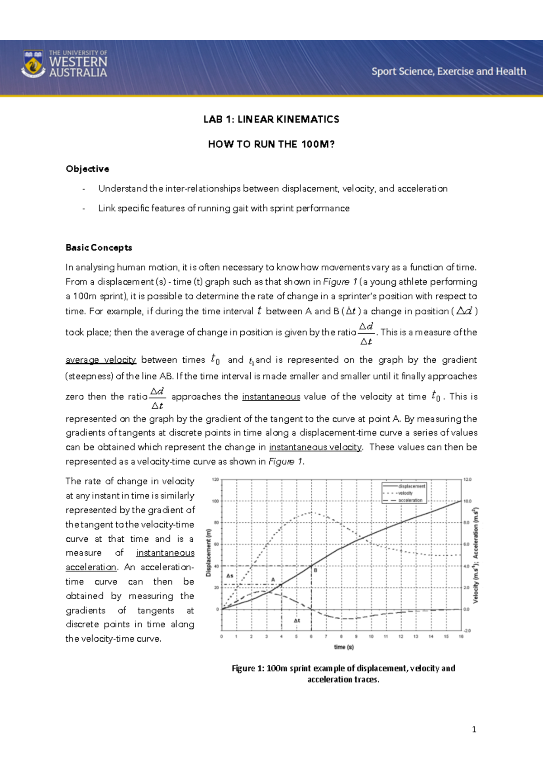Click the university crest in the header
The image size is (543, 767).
click(x=33, y=64)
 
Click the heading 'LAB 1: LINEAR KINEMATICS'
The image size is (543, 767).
click(x=271, y=119)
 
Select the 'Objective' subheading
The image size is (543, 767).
click(x=87, y=169)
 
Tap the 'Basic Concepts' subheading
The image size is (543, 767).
click(x=99, y=247)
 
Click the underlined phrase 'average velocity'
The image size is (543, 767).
click(x=100, y=360)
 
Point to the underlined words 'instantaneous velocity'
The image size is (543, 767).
click(x=315, y=447)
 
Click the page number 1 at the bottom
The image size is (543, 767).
click(x=474, y=729)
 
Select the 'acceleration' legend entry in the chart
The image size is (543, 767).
click(x=410, y=500)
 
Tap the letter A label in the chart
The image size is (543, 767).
click(x=273, y=579)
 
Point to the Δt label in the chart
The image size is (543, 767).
click(x=297, y=620)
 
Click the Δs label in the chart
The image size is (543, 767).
click(x=230, y=576)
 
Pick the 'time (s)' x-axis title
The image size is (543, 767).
click(x=343, y=647)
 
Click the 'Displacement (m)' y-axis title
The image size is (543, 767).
click(x=209, y=553)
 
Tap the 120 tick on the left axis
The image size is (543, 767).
click(x=215, y=479)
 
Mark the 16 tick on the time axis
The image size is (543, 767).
click(x=461, y=636)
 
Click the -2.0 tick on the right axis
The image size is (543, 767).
click(x=467, y=630)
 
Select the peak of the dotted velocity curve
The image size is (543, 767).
click(x=311, y=512)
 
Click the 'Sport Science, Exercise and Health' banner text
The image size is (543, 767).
click(x=448, y=71)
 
